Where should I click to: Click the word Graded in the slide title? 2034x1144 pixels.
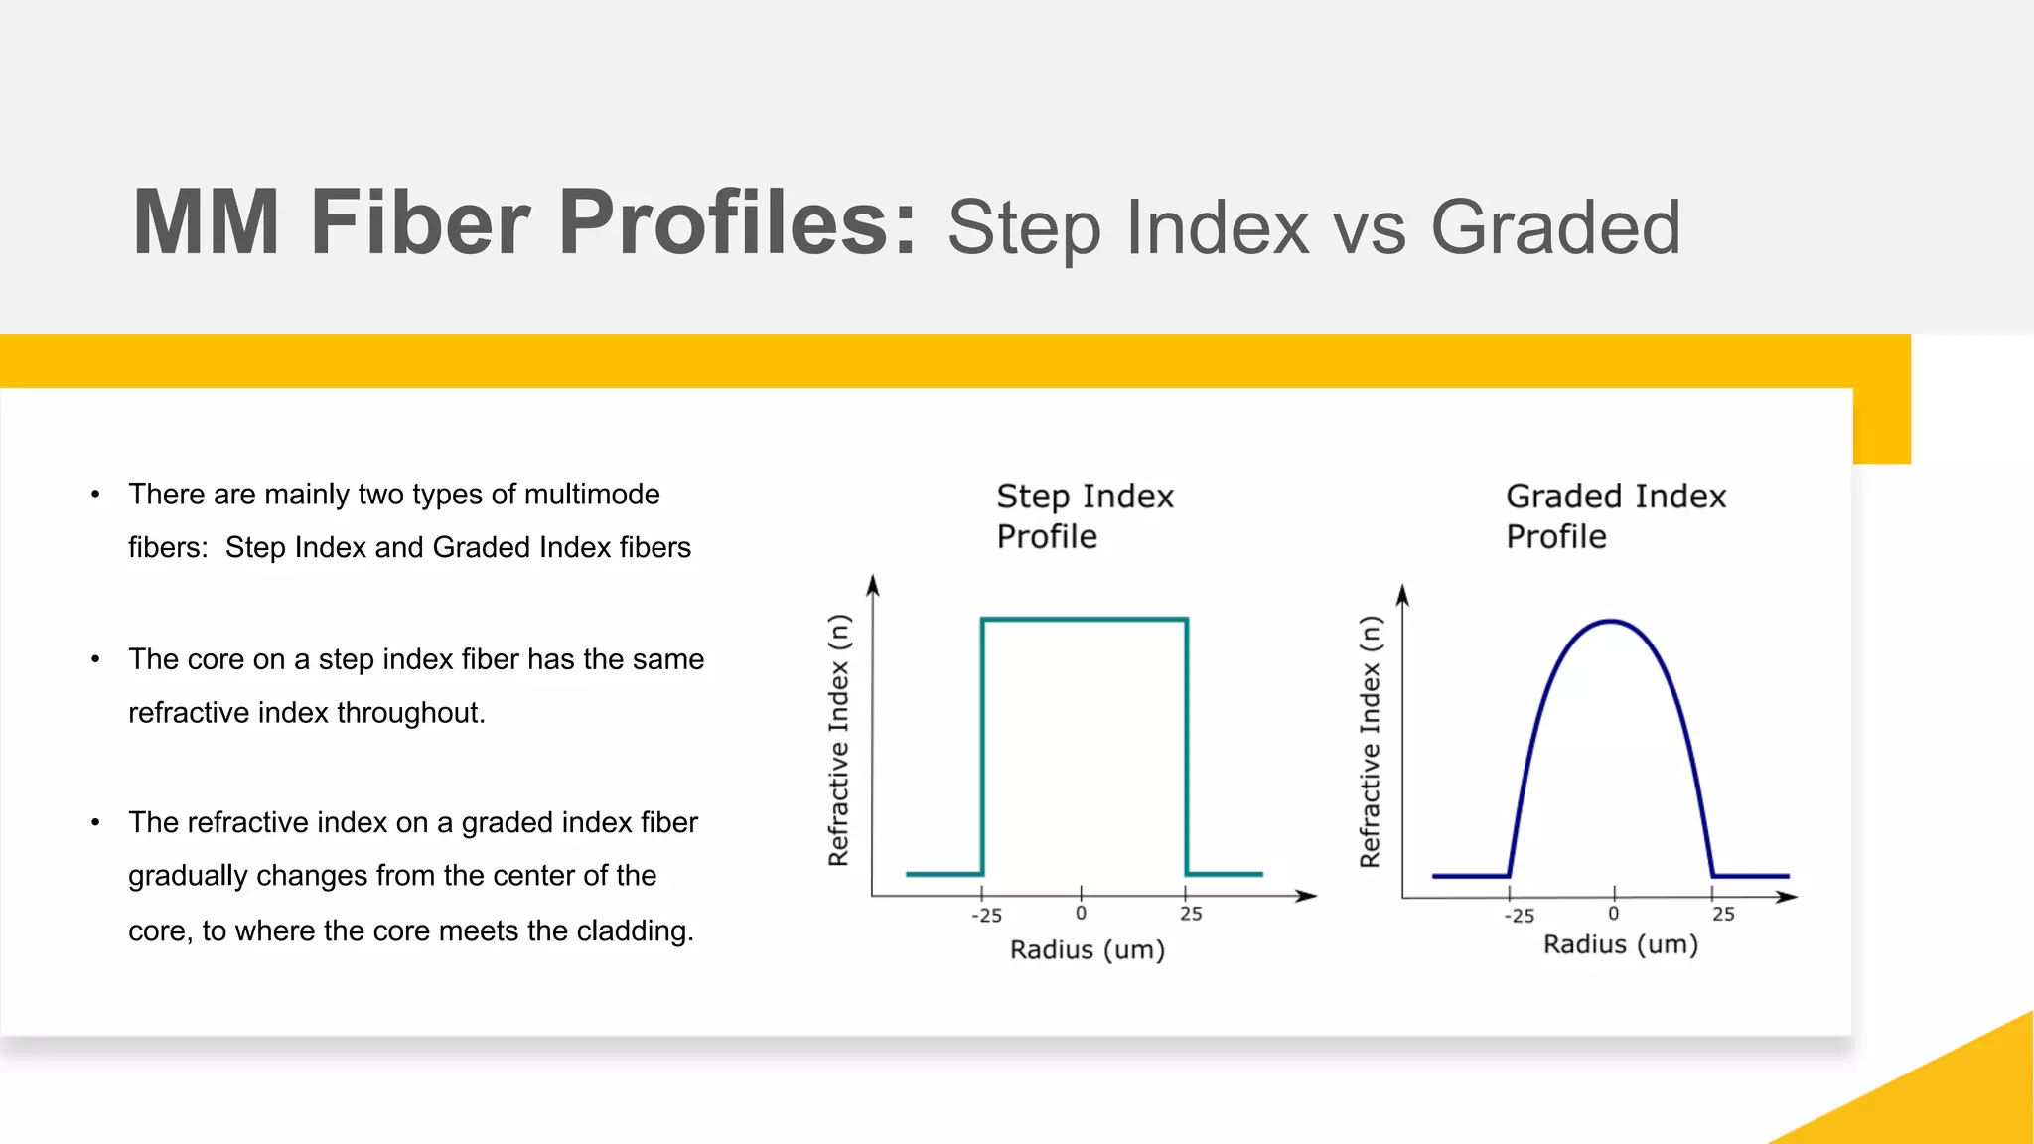tap(1555, 228)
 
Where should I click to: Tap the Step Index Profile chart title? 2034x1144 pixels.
tap(1085, 515)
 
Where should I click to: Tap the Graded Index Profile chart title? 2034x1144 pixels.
tap(1615, 515)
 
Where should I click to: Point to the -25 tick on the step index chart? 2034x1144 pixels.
tap(986, 915)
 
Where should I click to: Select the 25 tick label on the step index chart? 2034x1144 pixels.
tap(1191, 914)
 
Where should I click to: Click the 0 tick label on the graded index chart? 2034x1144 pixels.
tap(1613, 914)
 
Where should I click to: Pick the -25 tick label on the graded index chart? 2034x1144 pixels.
tap(1519, 916)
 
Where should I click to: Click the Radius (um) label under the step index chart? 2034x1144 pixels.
tap(1088, 949)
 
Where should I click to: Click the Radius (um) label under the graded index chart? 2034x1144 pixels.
tap(1620, 944)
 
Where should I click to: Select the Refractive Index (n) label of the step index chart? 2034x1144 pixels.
tap(839, 740)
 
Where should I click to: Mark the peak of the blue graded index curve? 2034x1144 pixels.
tap(1610, 622)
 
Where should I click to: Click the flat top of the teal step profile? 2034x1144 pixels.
tap(1085, 620)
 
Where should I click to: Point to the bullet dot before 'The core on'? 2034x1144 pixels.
tap(95, 659)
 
